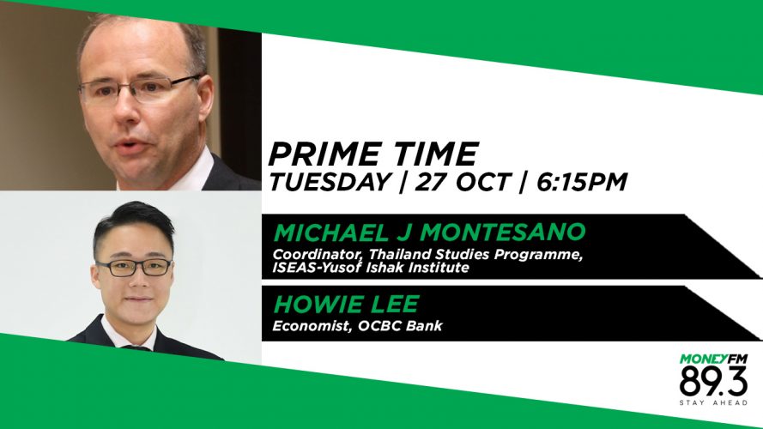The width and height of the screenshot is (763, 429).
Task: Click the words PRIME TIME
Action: (x=372, y=154)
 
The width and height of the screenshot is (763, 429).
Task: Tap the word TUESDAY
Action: (x=330, y=182)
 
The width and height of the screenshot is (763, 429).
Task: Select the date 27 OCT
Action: (x=461, y=182)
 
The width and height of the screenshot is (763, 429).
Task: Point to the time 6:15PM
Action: (x=581, y=182)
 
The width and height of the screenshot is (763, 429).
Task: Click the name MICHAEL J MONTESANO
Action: (x=429, y=232)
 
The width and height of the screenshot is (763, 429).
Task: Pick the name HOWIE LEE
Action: (x=346, y=304)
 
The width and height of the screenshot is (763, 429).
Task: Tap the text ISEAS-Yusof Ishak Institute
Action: (x=371, y=268)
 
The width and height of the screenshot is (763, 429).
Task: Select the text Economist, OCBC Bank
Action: (x=358, y=325)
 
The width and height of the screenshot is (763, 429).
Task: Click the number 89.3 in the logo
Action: (x=713, y=382)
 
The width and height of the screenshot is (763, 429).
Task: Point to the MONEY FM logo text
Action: (x=713, y=360)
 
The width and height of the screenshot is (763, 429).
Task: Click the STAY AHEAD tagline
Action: (x=713, y=402)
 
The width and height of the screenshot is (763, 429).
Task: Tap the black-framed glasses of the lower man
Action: (x=134, y=267)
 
